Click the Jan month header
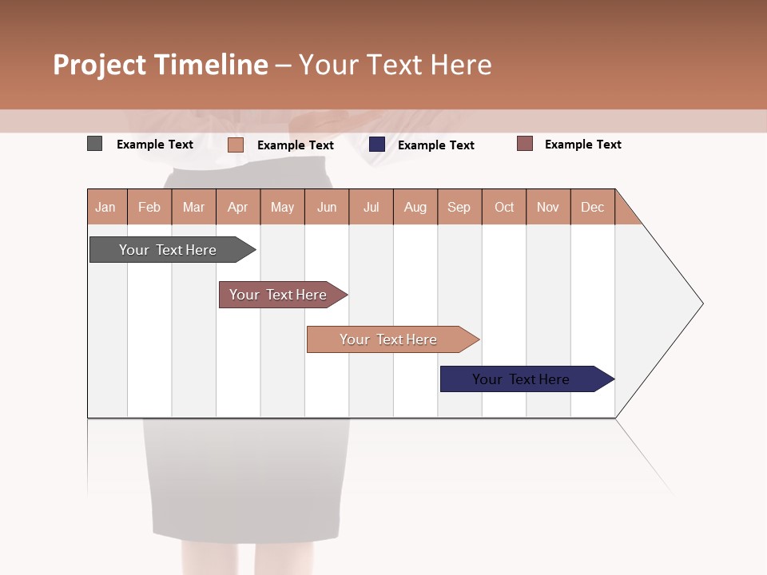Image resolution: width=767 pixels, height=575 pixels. pos(106,207)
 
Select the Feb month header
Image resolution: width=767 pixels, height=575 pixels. pos(149,207)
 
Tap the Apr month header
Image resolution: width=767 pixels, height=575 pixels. pos(238,207)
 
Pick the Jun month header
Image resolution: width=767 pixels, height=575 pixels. pos(327,207)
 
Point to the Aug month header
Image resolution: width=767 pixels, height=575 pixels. pos(415,207)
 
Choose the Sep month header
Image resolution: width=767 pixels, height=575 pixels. pos(459,207)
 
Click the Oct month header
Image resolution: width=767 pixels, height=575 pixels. pos(504,207)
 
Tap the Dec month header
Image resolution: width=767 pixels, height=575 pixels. pos(593,207)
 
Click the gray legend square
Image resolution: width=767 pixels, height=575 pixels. pos(94,144)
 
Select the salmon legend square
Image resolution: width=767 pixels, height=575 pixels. pos(235,145)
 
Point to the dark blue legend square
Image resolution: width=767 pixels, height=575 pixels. pos(377,145)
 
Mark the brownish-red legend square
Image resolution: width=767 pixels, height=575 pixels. pos(524,144)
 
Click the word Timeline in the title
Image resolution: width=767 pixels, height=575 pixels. pos(211,65)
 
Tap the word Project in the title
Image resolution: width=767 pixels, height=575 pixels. pos(100,65)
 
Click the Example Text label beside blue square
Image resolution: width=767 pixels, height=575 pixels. pos(436,145)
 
